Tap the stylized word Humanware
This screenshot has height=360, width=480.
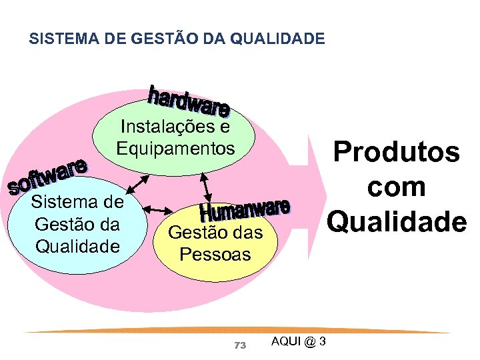coord(245,210)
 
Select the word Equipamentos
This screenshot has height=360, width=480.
coord(175,148)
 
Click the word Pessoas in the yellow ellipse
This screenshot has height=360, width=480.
coord(215,254)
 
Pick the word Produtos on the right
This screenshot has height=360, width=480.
coord(397,152)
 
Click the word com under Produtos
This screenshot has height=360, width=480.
coord(397,186)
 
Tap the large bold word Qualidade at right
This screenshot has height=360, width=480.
coord(397,221)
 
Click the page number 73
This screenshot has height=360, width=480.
coord(241,345)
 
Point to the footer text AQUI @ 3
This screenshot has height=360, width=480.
coord(299,341)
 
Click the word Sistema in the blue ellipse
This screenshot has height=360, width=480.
coord(77,201)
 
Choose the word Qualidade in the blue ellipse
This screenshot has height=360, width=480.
coord(77,246)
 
